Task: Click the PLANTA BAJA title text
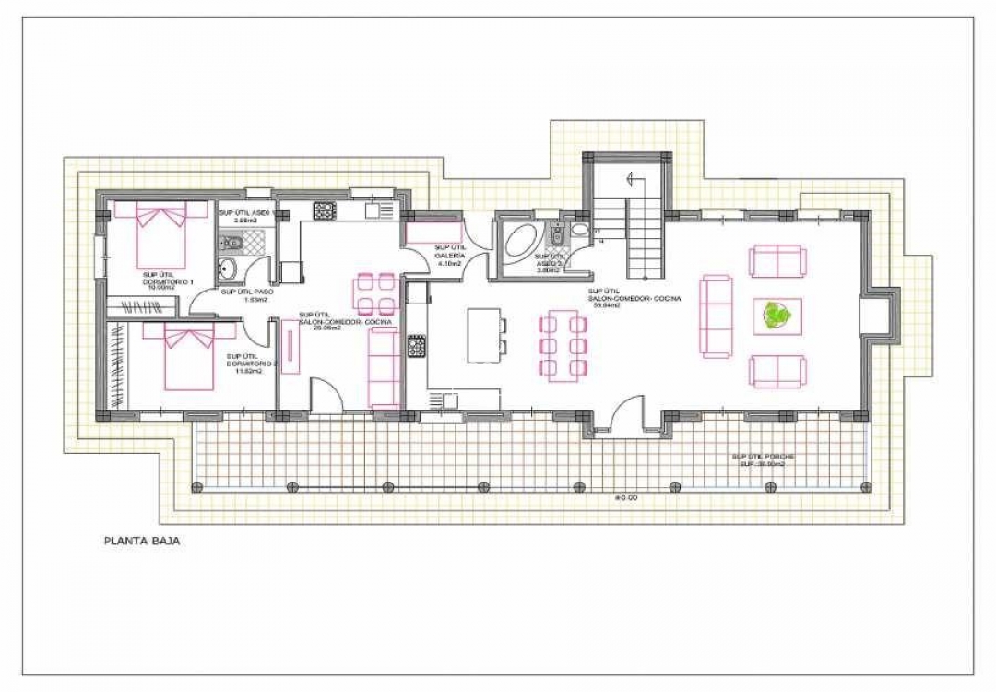coord(141,542)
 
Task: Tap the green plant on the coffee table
coord(777,316)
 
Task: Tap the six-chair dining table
coord(563,345)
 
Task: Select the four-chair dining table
coord(375,293)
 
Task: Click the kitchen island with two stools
coord(484,335)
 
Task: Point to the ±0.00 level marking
coord(626,496)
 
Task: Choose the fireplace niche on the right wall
coord(876,316)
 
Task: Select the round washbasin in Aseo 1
coord(228,271)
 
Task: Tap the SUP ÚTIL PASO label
coord(244,295)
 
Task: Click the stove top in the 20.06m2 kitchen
coord(325,210)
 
